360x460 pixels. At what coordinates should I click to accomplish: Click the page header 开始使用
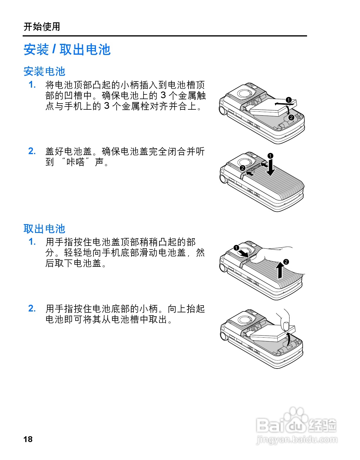tap(42, 27)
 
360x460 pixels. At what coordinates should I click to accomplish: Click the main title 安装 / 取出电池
tap(67, 49)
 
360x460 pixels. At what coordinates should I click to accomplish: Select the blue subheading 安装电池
tap(44, 71)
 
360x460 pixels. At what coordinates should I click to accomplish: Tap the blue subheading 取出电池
tap(44, 229)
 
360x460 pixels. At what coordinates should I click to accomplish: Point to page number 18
tap(28, 439)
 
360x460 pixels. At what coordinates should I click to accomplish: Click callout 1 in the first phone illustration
tap(289, 100)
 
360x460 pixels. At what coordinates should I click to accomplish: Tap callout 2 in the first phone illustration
tap(291, 117)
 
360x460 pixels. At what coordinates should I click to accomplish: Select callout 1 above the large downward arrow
tap(270, 156)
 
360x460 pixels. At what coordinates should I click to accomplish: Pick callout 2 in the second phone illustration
tap(242, 168)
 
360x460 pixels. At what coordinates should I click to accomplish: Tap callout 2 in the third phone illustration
tap(286, 262)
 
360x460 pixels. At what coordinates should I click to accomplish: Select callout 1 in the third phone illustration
tap(236, 248)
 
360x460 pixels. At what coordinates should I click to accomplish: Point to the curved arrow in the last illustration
tap(289, 339)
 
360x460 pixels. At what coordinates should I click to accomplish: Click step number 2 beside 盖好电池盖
tap(32, 151)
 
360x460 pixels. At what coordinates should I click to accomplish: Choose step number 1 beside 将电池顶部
tap(32, 85)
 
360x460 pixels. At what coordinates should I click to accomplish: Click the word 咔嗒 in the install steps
tap(76, 162)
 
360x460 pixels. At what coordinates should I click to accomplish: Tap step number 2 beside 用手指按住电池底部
tap(32, 309)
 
